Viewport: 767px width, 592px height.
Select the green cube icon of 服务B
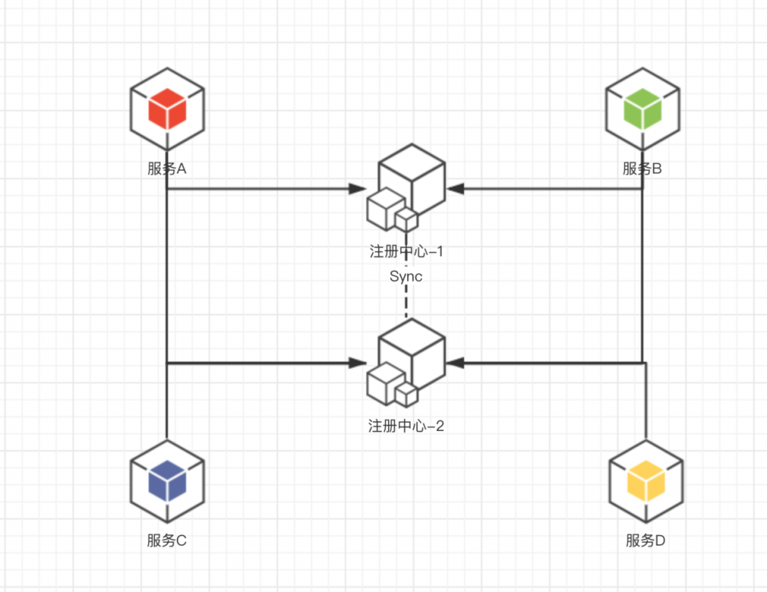[642, 109]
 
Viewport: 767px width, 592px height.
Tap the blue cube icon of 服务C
[167, 481]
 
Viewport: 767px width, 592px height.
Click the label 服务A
[167, 169]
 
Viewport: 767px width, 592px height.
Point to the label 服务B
[642, 169]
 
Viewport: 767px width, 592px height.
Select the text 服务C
[167, 540]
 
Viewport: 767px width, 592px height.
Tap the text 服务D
[645, 541]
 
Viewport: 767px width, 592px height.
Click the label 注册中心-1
[406, 252]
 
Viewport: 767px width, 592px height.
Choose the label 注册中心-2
[406, 426]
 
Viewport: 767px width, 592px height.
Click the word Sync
[406, 277]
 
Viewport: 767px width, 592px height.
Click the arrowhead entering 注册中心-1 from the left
[357, 189]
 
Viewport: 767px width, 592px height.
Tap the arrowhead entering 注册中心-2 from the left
[357, 362]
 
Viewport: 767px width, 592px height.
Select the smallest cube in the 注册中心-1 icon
[406, 220]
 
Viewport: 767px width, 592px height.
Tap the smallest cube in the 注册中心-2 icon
[406, 394]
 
